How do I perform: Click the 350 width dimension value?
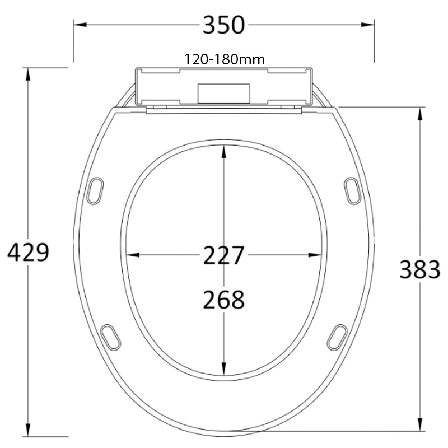[x=223, y=25]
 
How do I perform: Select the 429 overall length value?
[x=28, y=253]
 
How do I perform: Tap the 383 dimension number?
[x=419, y=270]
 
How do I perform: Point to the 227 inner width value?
[x=223, y=256]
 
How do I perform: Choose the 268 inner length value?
[x=223, y=300]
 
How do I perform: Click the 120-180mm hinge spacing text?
[x=224, y=59]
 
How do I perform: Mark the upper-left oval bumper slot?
[x=96, y=190]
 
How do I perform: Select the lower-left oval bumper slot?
[x=111, y=337]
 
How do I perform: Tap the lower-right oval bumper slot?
[x=337, y=337]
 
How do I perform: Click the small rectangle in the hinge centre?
[x=223, y=94]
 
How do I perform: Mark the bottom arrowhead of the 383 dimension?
[x=420, y=427]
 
